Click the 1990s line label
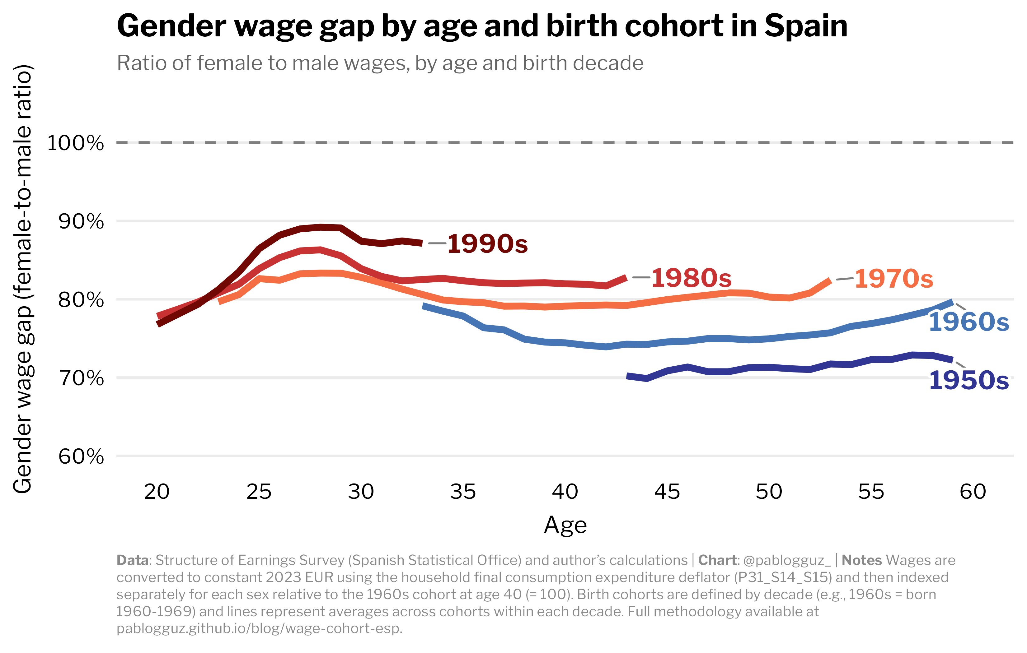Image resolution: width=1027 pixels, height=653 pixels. [x=487, y=244]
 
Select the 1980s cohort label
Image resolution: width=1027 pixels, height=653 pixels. [x=691, y=278]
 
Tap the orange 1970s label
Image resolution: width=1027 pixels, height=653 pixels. [x=894, y=279]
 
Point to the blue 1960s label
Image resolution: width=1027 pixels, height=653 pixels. [x=968, y=322]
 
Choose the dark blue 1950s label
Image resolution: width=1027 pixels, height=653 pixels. [x=968, y=381]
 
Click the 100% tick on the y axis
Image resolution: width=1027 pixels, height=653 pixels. [x=76, y=143]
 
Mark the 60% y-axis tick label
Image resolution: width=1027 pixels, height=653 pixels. [x=81, y=456]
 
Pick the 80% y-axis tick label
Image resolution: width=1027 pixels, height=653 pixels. [x=81, y=300]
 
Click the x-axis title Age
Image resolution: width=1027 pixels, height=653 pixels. [x=565, y=525]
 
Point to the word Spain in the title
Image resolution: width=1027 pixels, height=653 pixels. [x=806, y=26]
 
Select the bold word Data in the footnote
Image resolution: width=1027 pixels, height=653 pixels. [x=133, y=560]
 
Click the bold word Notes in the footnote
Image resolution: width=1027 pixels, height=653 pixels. [x=861, y=560]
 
